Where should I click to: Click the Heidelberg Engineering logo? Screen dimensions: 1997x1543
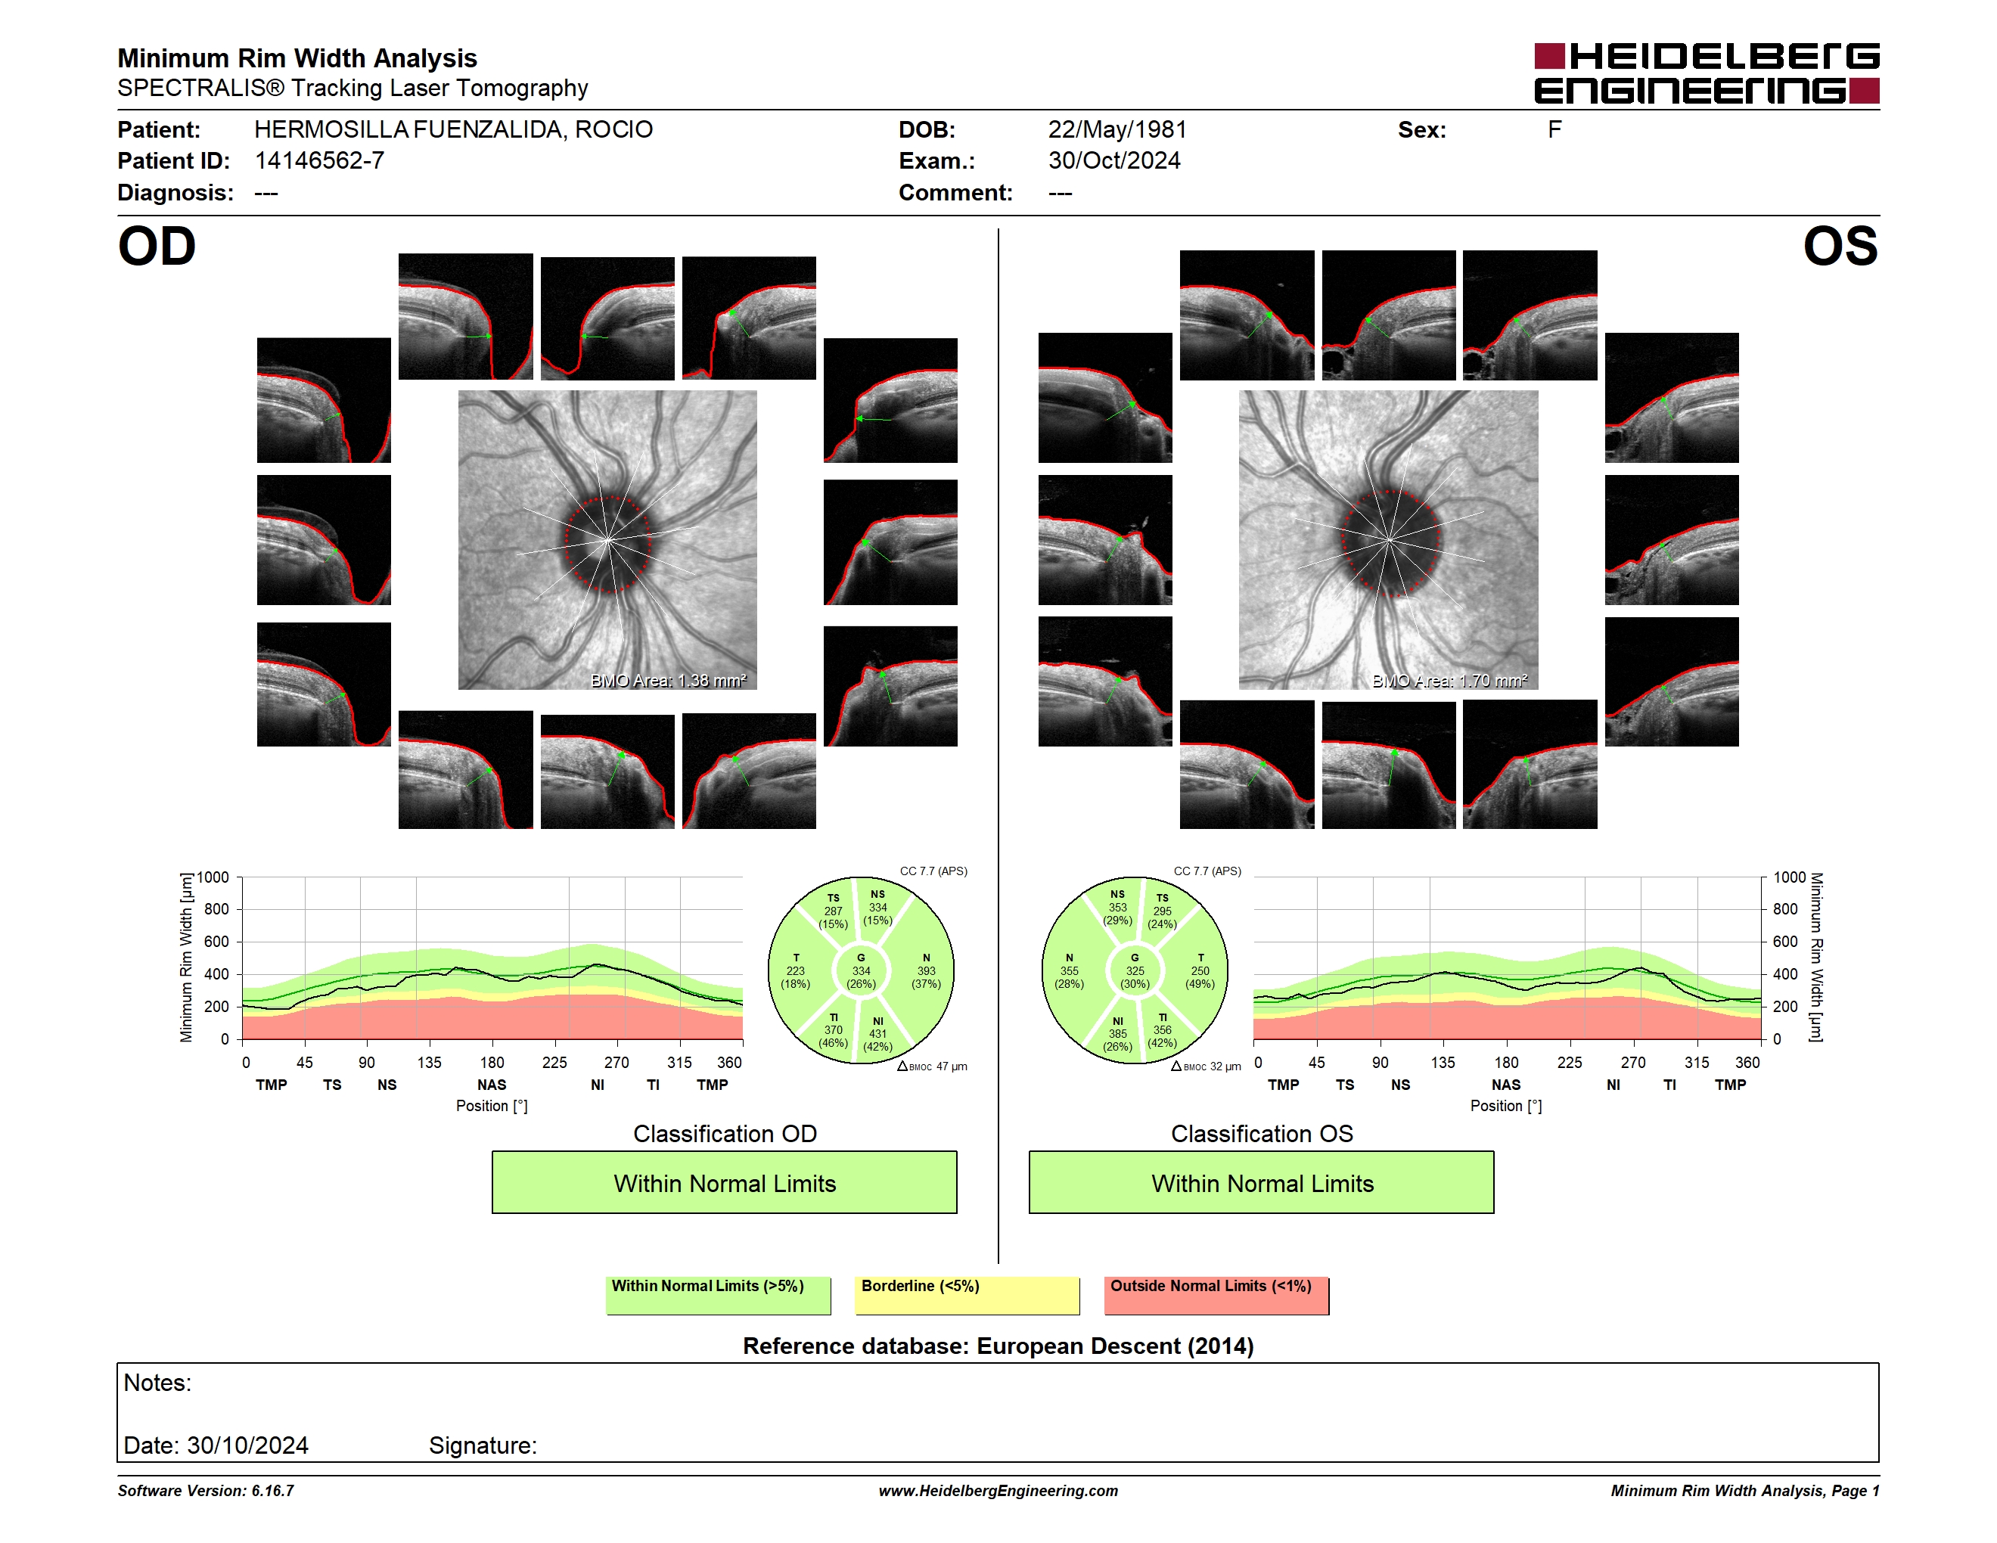[x=1707, y=73]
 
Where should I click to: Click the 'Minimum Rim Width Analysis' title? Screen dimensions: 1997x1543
[x=297, y=58]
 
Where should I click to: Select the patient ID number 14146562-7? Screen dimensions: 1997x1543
[x=319, y=161]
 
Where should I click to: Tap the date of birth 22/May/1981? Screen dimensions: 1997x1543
[x=1117, y=130]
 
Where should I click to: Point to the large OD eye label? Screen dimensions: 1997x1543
[x=157, y=246]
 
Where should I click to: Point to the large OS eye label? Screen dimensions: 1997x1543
[x=1840, y=246]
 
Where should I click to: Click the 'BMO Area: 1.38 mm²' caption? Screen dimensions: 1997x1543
[x=669, y=680]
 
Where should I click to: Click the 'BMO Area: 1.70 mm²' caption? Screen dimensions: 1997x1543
[x=1449, y=680]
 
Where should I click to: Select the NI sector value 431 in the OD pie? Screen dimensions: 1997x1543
[x=877, y=1034]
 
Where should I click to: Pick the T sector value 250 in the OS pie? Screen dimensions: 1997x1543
[x=1200, y=970]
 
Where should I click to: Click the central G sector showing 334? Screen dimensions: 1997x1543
[x=860, y=970]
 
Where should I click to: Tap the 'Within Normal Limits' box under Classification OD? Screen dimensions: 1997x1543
[x=724, y=1182]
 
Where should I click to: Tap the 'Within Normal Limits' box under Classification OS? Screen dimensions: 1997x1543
[x=1262, y=1182]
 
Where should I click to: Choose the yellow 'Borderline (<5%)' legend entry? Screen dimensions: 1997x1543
[x=967, y=1295]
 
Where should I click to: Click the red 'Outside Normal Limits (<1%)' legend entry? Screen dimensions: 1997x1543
[x=1216, y=1295]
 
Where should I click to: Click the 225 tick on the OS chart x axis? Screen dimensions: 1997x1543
[x=1569, y=1062]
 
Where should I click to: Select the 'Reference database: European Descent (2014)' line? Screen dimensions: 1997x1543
[x=998, y=1346]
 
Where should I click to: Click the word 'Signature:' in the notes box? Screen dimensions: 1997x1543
[x=483, y=1445]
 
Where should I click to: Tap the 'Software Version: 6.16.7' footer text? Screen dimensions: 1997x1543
[x=206, y=1491]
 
